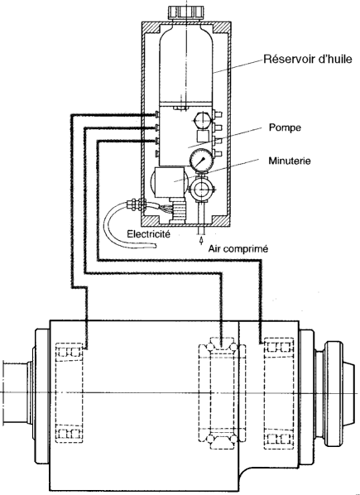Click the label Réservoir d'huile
[x=308, y=59]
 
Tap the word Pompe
[x=285, y=127]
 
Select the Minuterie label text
[x=290, y=161]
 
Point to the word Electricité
[x=149, y=234]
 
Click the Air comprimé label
[x=238, y=249]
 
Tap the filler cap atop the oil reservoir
[x=187, y=12]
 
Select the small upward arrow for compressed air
[x=201, y=241]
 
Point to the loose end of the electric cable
[x=155, y=245]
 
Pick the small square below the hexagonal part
[x=202, y=136]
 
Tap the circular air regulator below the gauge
[x=200, y=189]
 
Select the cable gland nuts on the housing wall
[x=135, y=205]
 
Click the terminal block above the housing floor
[x=179, y=210]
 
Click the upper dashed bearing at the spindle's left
[x=69, y=351]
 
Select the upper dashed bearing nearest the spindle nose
[x=279, y=347]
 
